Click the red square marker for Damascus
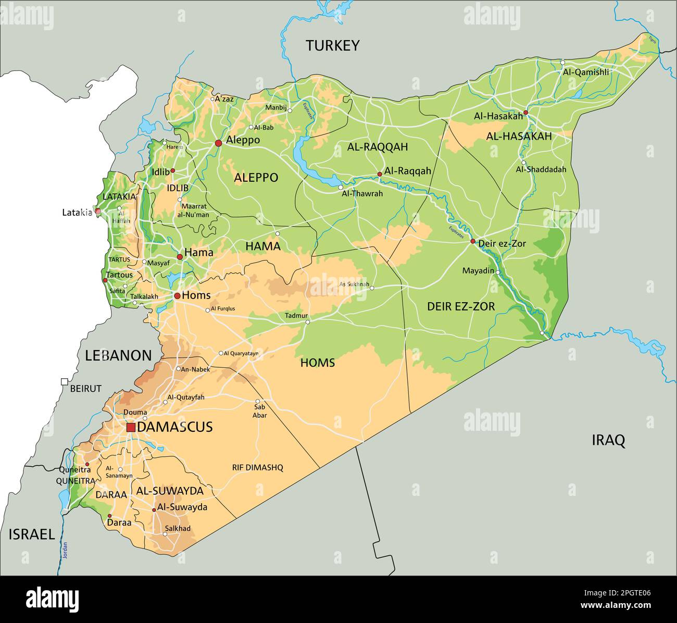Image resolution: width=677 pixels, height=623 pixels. (x=131, y=427)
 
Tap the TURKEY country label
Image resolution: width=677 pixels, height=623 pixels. (x=332, y=46)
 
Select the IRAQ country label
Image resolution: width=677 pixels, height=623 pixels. (x=608, y=441)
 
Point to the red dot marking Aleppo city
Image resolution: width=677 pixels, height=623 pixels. (x=218, y=143)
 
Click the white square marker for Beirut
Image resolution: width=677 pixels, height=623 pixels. (x=64, y=381)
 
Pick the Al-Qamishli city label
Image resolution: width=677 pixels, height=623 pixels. (x=585, y=72)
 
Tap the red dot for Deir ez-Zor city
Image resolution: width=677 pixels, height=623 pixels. (x=473, y=241)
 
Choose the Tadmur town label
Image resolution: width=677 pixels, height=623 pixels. (x=296, y=316)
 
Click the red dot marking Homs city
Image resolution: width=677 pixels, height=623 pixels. (x=177, y=296)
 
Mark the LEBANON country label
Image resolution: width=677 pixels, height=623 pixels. (x=118, y=356)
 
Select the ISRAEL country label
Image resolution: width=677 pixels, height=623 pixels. (x=31, y=534)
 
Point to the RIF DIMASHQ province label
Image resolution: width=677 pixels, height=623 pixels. (x=257, y=468)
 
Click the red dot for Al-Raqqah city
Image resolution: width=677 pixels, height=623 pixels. (x=380, y=175)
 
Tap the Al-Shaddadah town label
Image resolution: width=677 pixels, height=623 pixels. (x=541, y=169)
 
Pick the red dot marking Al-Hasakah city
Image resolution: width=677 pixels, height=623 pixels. (x=525, y=113)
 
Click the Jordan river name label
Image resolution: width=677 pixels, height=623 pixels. (x=65, y=551)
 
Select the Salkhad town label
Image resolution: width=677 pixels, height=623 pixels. (x=178, y=528)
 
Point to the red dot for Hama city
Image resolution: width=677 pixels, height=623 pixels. (x=180, y=257)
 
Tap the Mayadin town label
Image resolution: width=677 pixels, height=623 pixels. (x=478, y=271)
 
